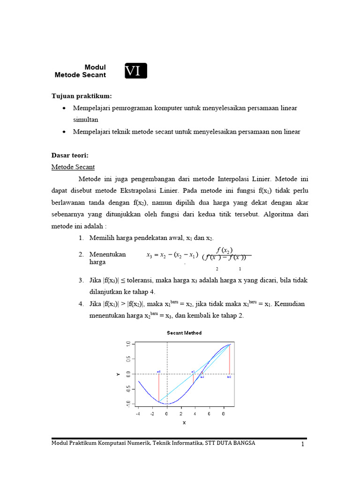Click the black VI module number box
(x=136, y=71)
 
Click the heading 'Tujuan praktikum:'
(x=82, y=96)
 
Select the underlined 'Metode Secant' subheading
(x=73, y=167)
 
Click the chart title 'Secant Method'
(x=184, y=333)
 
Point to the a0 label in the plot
(x=159, y=372)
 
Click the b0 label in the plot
(x=229, y=377)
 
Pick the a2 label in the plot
(x=202, y=377)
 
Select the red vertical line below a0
(x=159, y=387)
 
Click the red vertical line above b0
(x=229, y=359)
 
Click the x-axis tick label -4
(x=138, y=414)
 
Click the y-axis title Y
(x=118, y=374)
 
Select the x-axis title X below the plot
(x=184, y=422)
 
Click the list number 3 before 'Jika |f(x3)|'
(x=81, y=280)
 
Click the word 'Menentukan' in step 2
(x=107, y=255)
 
